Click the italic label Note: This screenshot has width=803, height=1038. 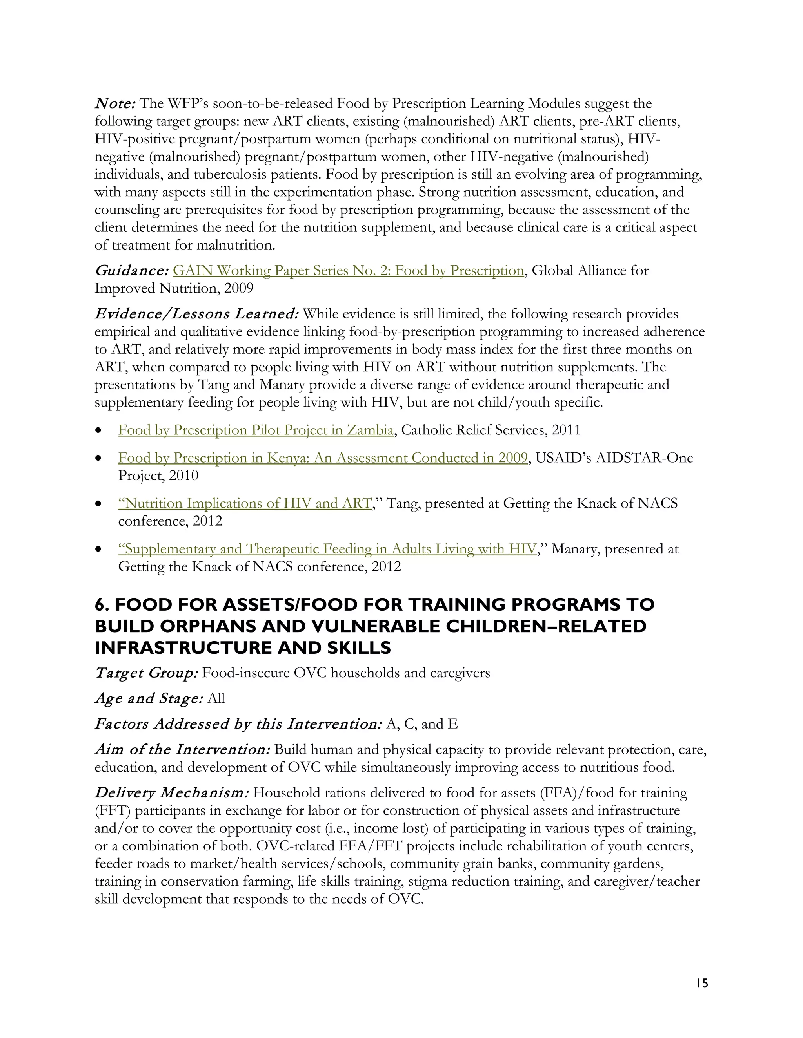(x=116, y=103)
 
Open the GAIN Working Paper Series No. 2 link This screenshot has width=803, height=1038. (x=348, y=270)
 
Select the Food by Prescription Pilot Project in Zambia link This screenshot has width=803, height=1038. (x=256, y=430)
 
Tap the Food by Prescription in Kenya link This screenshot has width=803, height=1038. (x=323, y=458)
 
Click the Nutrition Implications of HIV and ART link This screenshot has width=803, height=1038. (x=245, y=503)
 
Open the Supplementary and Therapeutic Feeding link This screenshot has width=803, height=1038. (x=327, y=549)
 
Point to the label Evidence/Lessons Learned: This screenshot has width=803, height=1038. (x=196, y=314)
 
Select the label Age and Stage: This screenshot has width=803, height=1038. (x=149, y=698)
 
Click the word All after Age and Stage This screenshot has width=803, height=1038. (x=216, y=698)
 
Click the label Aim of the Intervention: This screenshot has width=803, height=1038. (x=183, y=749)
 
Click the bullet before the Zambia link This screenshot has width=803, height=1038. (x=98, y=430)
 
